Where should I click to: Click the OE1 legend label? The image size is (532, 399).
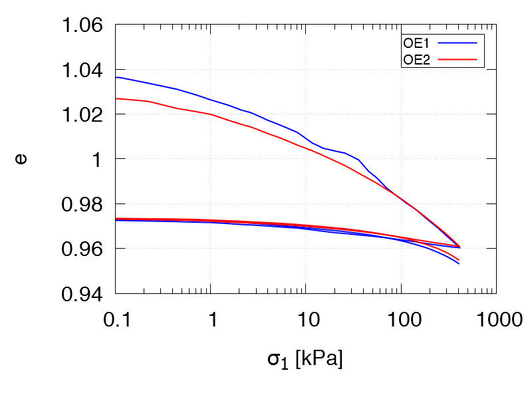(x=417, y=43)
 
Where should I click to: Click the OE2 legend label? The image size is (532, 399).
(x=417, y=59)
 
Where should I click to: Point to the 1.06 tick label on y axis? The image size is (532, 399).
(x=83, y=26)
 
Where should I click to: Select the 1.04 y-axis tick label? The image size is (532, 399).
(x=83, y=70)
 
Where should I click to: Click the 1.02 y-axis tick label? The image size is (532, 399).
(x=83, y=115)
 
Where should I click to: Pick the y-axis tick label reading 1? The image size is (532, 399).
(x=98, y=160)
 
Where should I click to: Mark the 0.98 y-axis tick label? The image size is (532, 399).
(x=83, y=204)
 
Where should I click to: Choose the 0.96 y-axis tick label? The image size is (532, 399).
(x=83, y=249)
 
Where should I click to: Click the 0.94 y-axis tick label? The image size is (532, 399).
(x=83, y=293)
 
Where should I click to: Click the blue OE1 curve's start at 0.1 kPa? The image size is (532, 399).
(x=116, y=77)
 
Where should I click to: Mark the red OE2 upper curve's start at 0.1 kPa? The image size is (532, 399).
(x=116, y=98)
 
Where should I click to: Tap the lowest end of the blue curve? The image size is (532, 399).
(x=459, y=264)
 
